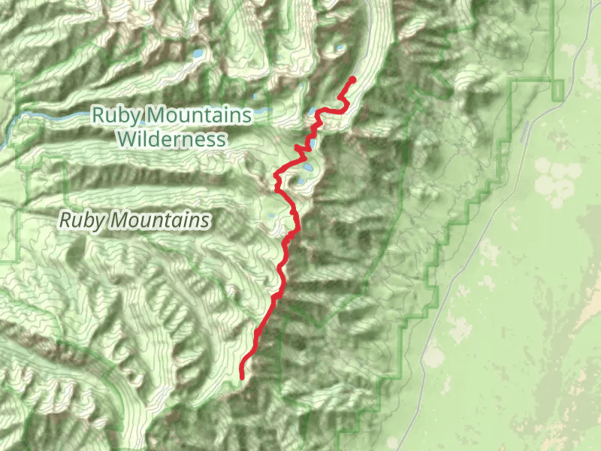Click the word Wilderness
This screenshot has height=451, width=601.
coord(171,139)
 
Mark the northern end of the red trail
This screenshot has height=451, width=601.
coord(352,79)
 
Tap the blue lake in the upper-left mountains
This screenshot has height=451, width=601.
coord(196,54)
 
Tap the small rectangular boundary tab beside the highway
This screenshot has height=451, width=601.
coord(557,89)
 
